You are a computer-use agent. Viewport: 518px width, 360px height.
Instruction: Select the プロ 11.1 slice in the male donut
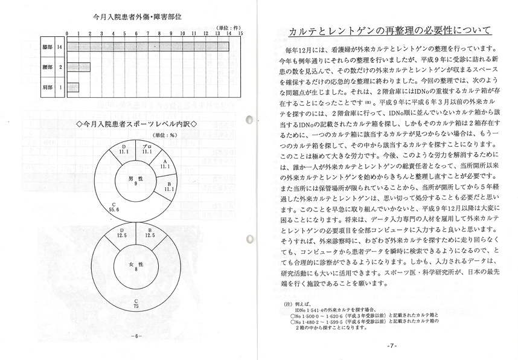tap(147, 151)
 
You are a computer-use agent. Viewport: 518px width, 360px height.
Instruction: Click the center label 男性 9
tap(136, 180)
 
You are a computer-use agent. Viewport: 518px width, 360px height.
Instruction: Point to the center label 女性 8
tap(136, 266)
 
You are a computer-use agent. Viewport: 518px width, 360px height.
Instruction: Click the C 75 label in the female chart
tap(136, 304)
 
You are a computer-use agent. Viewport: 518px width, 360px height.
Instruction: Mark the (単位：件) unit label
tap(230, 28)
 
